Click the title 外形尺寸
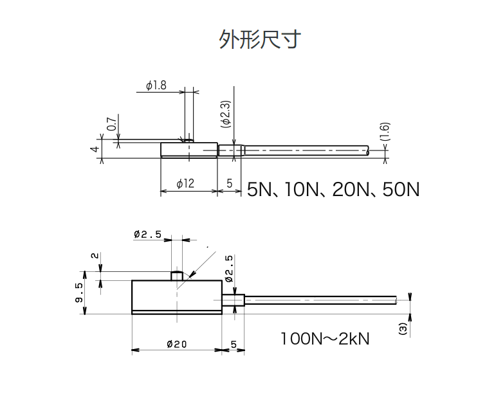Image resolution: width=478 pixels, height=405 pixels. click(x=259, y=40)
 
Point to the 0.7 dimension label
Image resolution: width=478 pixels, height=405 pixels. click(x=111, y=124)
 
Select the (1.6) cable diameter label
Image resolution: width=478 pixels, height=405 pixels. click(x=384, y=131)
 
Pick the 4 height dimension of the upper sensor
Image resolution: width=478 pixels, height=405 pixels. click(x=95, y=149)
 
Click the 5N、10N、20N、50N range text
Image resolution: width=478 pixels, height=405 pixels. click(x=333, y=190)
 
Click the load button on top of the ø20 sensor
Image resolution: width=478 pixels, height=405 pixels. click(x=177, y=276)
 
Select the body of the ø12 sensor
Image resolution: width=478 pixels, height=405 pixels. click(x=188, y=150)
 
